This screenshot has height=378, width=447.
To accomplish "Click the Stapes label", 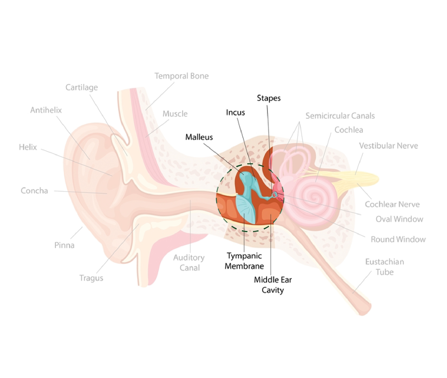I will coord(269,98).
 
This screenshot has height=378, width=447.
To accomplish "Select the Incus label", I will coord(235,113).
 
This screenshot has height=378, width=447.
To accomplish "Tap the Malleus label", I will coord(199,137).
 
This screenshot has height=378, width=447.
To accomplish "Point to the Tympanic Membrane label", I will coord(244,261).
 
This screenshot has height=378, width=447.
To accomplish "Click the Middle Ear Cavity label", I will coord(273,285).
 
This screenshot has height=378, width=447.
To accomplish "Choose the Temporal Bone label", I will coord(182,76).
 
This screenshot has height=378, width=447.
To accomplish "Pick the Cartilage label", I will coord(82,87).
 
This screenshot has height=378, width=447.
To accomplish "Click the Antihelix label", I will coord(46,110).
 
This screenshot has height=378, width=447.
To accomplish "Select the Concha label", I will coord(34,191).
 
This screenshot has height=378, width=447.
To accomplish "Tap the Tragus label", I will coord(91,278).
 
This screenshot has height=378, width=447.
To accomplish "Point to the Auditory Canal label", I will coord(189,262).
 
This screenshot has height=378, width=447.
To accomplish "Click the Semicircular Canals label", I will coord(340,116).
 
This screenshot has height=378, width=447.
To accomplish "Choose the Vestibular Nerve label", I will coord(388,146).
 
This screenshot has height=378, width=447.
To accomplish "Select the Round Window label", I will coord(398,239).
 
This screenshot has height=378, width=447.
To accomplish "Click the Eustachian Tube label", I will coord(384,267).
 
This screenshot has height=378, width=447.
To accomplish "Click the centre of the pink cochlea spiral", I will coord(314,197).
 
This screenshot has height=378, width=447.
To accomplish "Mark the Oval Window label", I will coord(399,219).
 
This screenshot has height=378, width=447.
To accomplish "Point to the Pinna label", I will coord(64,245).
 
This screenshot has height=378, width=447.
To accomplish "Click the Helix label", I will coord(28,147).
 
